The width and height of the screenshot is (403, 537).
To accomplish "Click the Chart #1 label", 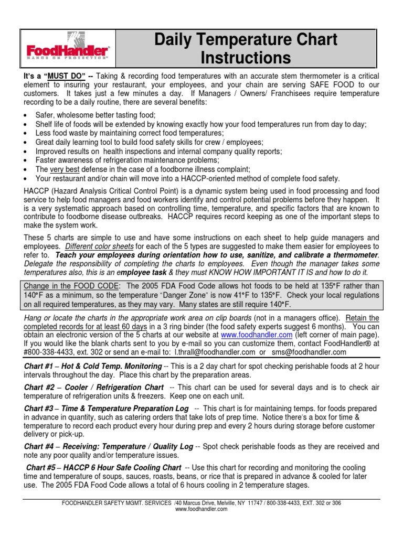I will click(x=39, y=366).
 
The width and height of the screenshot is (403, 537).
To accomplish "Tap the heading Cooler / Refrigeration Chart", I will click(x=113, y=387).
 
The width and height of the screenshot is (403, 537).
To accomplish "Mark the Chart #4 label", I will click(x=39, y=446).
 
